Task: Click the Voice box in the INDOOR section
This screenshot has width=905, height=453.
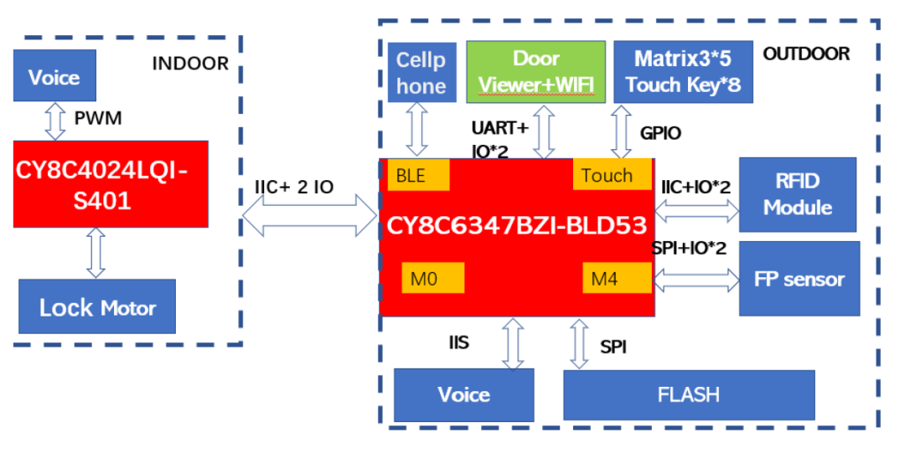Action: pyautogui.click(x=54, y=78)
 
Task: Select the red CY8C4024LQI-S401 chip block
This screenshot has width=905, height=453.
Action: pyautogui.click(x=111, y=184)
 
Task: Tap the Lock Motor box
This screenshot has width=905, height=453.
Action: pyautogui.click(x=97, y=306)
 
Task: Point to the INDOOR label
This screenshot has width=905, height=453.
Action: pyautogui.click(x=189, y=64)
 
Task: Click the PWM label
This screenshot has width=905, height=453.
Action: pyautogui.click(x=98, y=118)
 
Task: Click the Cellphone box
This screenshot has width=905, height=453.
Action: pyautogui.click(x=421, y=73)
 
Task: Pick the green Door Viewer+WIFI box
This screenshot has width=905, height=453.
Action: pyautogui.click(x=536, y=71)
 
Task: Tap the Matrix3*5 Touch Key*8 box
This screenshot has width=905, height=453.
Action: pyautogui.click(x=683, y=71)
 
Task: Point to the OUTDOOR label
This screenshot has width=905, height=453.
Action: pyautogui.click(x=806, y=54)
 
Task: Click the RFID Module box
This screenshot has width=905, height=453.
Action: pyautogui.click(x=797, y=194)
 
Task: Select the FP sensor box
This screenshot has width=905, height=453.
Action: pyautogui.click(x=799, y=279)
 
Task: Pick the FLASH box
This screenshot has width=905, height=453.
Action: pyautogui.click(x=688, y=394)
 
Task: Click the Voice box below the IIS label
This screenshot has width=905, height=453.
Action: pyautogui.click(x=463, y=394)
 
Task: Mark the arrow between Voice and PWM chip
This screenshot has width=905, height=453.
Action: pyautogui.click(x=55, y=121)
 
